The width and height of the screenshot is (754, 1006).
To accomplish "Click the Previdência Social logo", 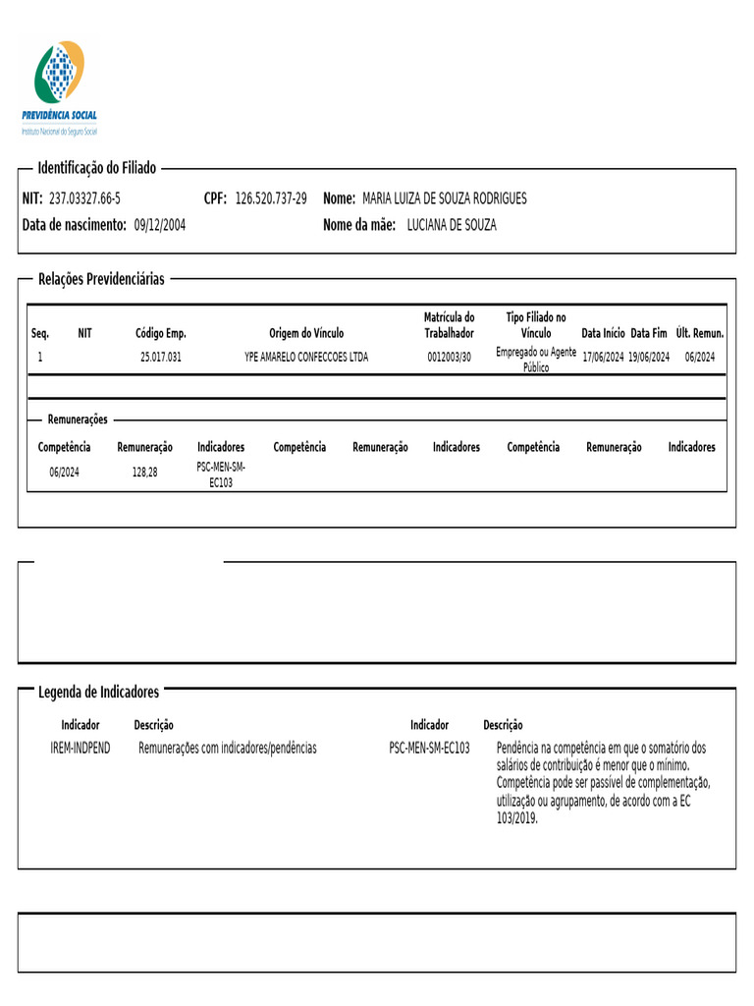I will click(x=60, y=86).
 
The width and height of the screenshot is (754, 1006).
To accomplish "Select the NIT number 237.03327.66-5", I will click(x=84, y=198).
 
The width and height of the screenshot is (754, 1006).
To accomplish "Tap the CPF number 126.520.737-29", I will click(x=271, y=198).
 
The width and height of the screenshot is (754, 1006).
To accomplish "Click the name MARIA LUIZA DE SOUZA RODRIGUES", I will click(x=445, y=198).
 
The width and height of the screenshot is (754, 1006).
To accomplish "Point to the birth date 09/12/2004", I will click(x=160, y=225).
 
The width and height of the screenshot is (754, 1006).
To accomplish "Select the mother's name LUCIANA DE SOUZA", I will click(x=452, y=225).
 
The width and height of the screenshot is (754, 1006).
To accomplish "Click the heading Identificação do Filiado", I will click(x=96, y=168).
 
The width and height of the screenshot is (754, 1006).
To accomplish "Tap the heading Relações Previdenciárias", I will click(x=101, y=279).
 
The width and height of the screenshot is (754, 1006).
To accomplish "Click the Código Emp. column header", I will click(x=161, y=333).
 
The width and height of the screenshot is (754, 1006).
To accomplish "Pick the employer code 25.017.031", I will click(x=161, y=357).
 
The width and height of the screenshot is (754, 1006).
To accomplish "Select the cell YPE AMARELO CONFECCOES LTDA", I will click(x=306, y=357).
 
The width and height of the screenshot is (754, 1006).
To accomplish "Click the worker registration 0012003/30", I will click(x=449, y=357).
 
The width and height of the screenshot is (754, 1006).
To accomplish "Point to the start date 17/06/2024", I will click(x=603, y=357).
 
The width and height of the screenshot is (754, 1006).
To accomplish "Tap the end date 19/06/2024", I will click(x=649, y=357).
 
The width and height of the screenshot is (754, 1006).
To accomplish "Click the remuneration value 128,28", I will click(x=144, y=472).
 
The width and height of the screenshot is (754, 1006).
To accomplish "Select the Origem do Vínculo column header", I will click(x=306, y=333).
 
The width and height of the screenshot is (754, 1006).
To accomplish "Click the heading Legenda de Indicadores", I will click(x=98, y=692).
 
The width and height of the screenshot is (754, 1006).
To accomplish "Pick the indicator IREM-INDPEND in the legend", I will click(x=81, y=748).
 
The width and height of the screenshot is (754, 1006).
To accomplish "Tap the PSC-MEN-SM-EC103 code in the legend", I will click(x=429, y=748).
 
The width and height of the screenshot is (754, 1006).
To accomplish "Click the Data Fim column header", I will click(x=649, y=333).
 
